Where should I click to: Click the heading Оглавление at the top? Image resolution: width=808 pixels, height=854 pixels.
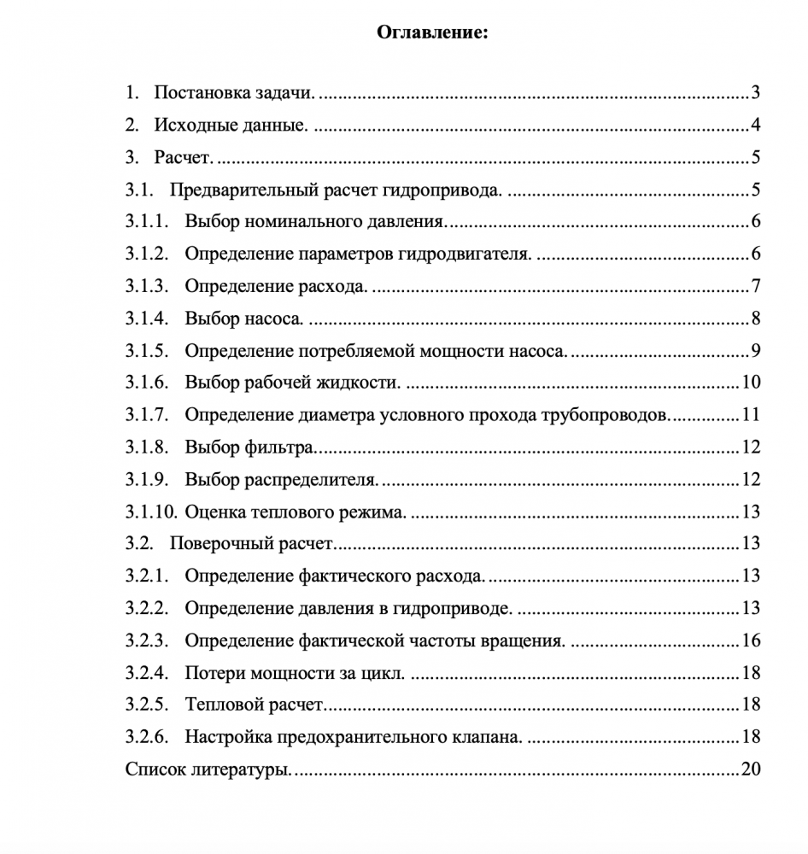[x=432, y=33]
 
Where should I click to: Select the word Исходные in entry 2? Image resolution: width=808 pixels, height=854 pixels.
[x=190, y=126]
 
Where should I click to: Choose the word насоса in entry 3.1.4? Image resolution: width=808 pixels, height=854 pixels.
[x=275, y=319]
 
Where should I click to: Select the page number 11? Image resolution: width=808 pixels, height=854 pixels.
[x=751, y=415]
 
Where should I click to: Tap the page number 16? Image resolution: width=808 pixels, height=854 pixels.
[x=751, y=640]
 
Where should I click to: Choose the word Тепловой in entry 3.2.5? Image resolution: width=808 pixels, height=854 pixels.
[x=219, y=705]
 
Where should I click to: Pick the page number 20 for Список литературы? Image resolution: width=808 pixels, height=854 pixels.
[x=751, y=769]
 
